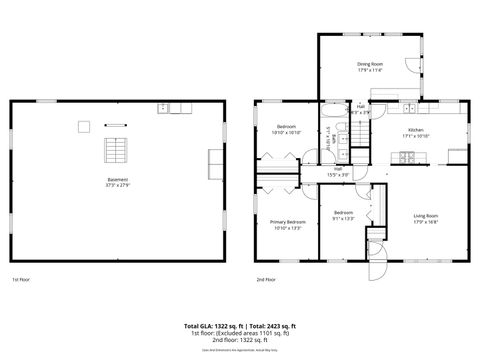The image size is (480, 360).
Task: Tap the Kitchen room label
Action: [x=414, y=130]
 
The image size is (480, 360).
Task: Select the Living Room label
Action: [x=426, y=216]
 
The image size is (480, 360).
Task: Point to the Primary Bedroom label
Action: [x=288, y=222]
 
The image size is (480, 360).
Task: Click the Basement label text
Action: [x=118, y=180]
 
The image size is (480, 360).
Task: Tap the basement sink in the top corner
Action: [x=162, y=107]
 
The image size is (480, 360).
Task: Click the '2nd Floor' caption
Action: [x=266, y=279]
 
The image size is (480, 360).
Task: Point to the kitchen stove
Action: [x=406, y=157]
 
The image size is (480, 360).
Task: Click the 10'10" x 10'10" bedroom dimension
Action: [x=287, y=133]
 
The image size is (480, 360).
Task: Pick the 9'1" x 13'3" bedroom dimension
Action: [x=344, y=218]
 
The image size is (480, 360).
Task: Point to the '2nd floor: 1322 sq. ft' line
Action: [x=240, y=341]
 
